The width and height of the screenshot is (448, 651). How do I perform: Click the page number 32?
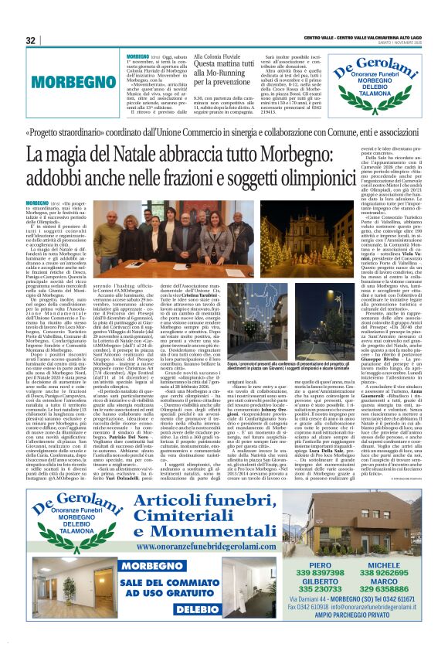point(31,40)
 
